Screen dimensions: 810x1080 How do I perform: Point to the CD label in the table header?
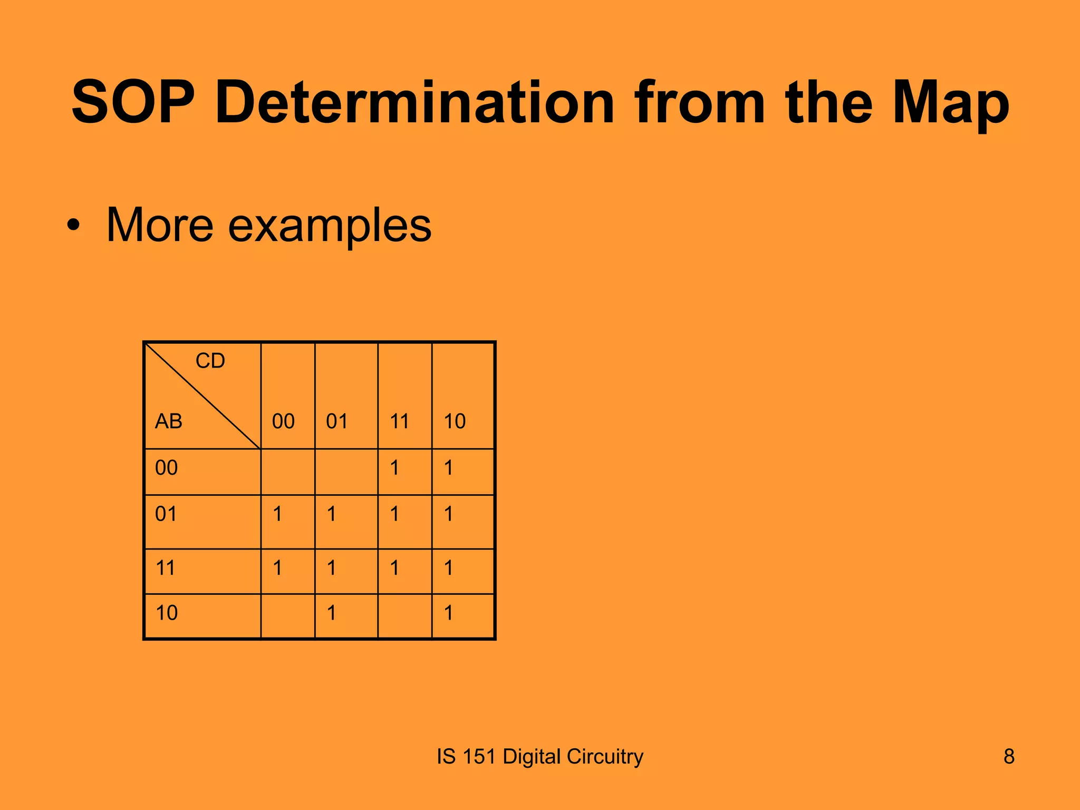(210, 361)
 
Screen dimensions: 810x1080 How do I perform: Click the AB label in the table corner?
(168, 421)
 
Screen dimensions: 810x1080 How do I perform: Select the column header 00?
(283, 421)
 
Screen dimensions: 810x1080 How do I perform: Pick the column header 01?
(337, 421)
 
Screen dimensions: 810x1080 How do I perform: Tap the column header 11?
(399, 421)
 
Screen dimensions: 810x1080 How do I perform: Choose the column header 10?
(455, 421)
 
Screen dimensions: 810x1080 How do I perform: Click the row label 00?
(166, 468)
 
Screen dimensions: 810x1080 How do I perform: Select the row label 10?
(166, 613)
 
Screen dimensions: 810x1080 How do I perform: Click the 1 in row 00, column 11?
(394, 468)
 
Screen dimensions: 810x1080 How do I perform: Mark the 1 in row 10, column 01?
(331, 613)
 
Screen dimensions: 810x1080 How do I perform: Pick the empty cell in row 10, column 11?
(404, 616)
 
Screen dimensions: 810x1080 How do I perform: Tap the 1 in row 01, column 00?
(277, 514)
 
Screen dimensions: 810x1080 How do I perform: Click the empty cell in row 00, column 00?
(287, 471)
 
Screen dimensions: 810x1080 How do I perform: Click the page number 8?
(1009, 757)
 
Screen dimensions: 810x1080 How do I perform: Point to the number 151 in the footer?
(479, 757)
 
